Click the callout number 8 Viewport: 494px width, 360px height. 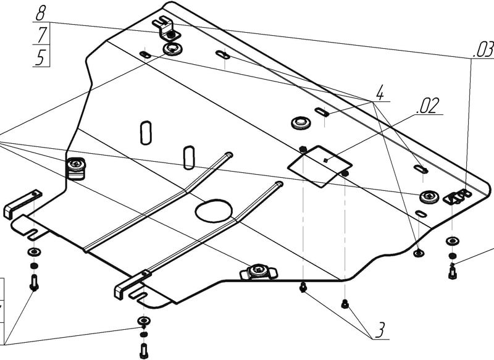click(x=41, y=12)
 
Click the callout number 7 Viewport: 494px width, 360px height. click(x=41, y=35)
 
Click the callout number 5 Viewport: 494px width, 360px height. click(x=41, y=58)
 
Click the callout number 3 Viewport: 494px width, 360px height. click(x=379, y=330)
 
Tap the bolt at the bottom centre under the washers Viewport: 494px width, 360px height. click(x=143, y=350)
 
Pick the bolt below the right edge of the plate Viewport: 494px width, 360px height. click(x=453, y=270)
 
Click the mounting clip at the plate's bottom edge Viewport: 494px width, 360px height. click(x=258, y=271)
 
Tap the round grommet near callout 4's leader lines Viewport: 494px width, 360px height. click(x=301, y=122)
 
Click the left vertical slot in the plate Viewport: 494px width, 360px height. click(x=146, y=132)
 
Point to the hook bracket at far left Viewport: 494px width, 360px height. click(x=22, y=203)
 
